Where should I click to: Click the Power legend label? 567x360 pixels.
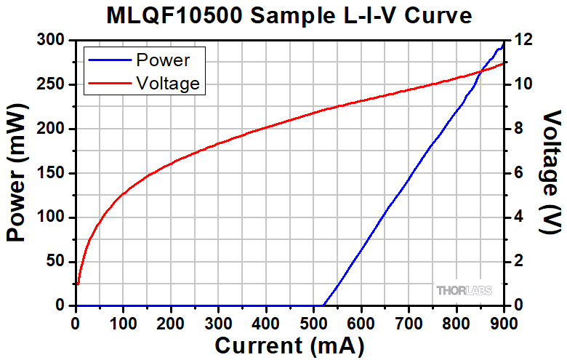163,60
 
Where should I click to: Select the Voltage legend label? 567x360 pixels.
167,83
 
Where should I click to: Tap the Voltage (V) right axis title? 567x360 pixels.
552,173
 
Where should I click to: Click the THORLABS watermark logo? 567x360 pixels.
464,290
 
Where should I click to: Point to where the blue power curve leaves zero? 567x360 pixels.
323,305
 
